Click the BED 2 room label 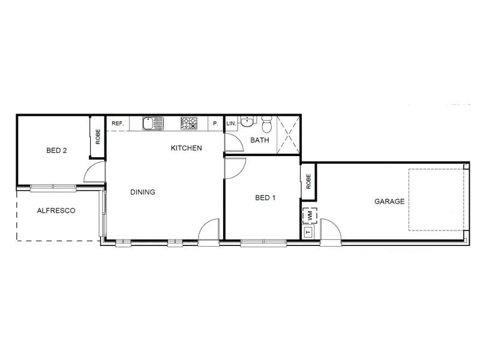(56, 151)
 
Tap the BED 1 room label (265, 197)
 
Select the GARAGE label (389, 202)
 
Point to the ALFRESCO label (56, 211)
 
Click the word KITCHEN (186, 148)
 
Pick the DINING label (143, 193)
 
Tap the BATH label (260, 141)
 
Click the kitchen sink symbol (153, 124)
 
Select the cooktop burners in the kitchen (190, 124)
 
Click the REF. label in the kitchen (118, 124)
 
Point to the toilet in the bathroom (267, 124)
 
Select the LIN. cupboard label (230, 124)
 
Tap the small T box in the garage (308, 231)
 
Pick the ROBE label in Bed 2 (98, 136)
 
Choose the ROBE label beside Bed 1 (308, 181)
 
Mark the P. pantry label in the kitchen (215, 124)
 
